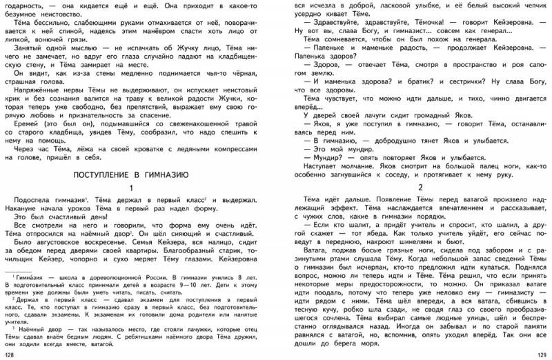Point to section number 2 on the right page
pyautogui.click(x=420, y=187)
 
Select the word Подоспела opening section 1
pyautogui.click(x=35, y=199)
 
